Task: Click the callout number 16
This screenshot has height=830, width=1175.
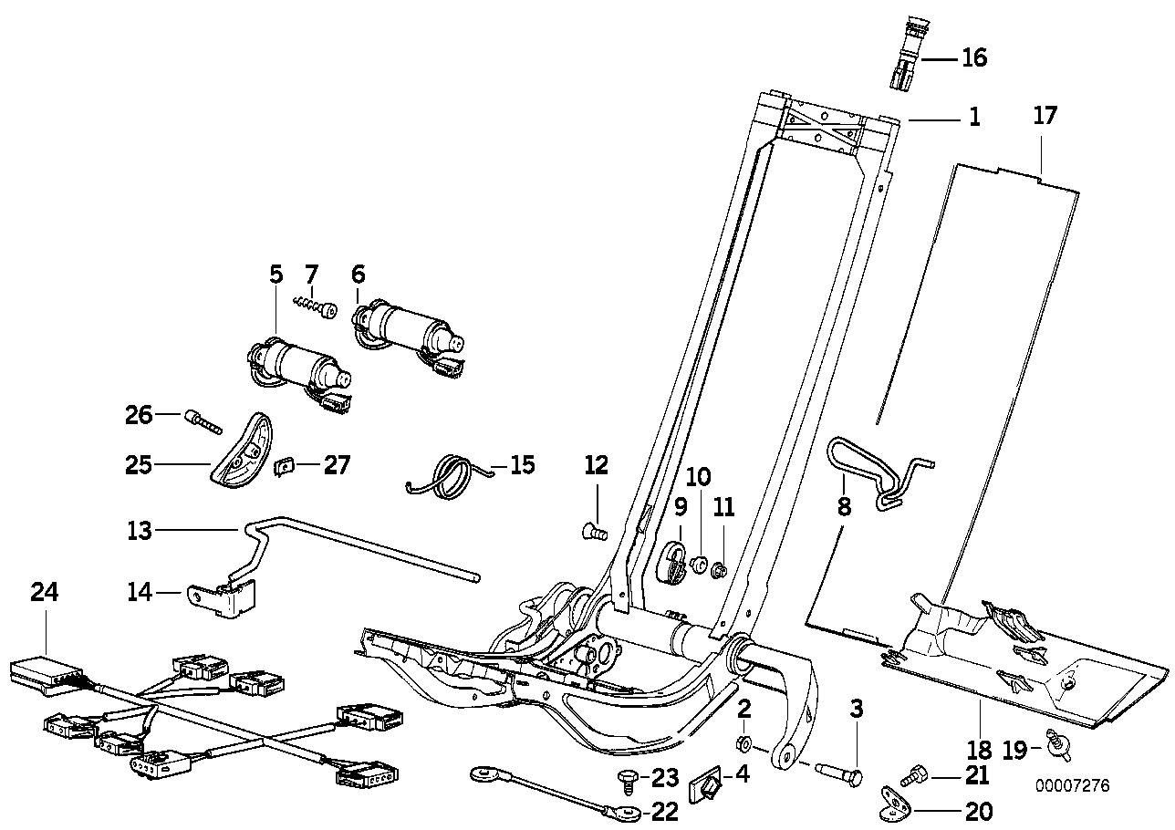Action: click(x=973, y=58)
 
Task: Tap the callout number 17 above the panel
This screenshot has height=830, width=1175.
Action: click(x=1045, y=116)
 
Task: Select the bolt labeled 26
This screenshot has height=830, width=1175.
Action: click(x=206, y=420)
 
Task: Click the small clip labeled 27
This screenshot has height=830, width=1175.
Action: click(x=285, y=466)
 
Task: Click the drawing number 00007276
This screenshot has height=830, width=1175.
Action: click(x=1074, y=785)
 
